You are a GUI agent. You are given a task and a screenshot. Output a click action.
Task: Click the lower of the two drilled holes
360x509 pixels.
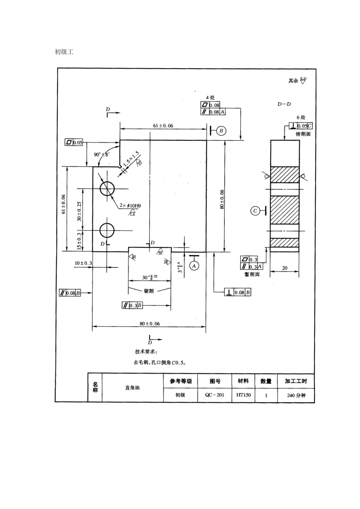pos(107,230)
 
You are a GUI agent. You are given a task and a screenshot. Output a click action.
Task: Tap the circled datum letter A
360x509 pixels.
pos(194,266)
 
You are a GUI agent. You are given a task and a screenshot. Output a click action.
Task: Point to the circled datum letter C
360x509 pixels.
pos(255,211)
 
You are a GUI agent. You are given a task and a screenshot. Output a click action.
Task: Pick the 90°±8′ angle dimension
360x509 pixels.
pos(101,155)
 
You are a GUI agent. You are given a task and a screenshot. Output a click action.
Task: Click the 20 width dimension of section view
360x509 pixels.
pos(285,268)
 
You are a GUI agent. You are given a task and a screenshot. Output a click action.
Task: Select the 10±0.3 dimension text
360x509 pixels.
pos(83,263)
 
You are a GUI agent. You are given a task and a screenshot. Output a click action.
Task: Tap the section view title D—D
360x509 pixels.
pos(284,104)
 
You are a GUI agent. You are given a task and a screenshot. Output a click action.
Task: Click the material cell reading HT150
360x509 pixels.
pos(243,395)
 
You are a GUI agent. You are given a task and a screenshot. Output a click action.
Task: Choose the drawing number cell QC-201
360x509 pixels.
pos(215,395)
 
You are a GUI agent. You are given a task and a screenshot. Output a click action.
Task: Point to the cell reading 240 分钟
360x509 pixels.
pos(296,395)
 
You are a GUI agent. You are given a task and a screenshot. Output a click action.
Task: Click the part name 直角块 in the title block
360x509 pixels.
pos(132,388)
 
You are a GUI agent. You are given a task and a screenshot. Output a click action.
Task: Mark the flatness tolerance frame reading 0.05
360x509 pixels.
pos(74,142)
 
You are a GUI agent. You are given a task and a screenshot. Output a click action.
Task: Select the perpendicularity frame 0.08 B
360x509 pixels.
pos(238,292)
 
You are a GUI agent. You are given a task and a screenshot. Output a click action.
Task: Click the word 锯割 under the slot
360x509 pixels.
pos(149,291)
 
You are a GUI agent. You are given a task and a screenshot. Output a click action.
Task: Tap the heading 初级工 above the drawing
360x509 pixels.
pos(64,52)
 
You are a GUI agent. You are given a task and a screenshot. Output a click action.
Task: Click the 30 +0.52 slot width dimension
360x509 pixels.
pos(150,277)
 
